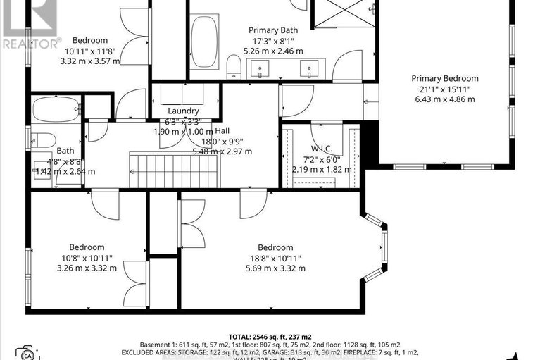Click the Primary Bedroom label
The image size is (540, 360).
(x=444, y=78)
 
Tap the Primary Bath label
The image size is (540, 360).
(x=272, y=30)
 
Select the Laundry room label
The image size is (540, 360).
(x=183, y=111)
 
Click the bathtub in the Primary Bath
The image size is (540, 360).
(x=204, y=44)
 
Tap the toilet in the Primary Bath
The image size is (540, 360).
(x=234, y=68)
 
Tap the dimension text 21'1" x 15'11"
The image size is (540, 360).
(x=444, y=89)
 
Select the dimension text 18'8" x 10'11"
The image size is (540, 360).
(x=275, y=258)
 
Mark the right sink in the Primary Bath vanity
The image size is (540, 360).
(x=308, y=69)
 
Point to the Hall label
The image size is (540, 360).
(x=222, y=130)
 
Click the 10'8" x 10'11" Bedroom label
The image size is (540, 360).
(x=87, y=247)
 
